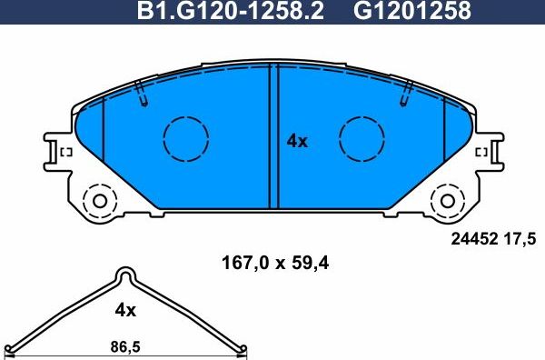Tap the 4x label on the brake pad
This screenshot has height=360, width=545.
point(297,141)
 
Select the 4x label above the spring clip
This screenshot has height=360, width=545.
point(125,310)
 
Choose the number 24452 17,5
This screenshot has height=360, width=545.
point(494,239)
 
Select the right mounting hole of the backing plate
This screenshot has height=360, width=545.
point(447,200)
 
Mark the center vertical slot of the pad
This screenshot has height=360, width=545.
point(272,136)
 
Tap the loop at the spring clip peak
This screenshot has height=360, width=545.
point(125,275)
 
